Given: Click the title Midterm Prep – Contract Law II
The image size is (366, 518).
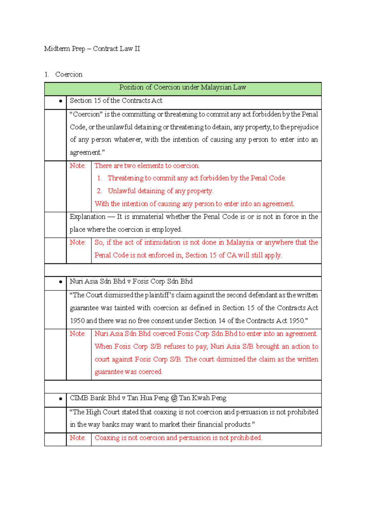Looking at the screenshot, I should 92,49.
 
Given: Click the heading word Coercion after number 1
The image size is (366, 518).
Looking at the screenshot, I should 69,75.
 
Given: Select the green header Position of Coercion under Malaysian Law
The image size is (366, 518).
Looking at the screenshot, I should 182,87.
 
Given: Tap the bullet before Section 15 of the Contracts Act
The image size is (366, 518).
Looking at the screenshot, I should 60,101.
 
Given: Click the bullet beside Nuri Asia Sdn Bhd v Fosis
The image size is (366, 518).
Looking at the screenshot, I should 60,282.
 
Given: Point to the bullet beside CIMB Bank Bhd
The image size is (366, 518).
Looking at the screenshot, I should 60,399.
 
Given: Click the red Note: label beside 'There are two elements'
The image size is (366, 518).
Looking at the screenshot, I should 77,166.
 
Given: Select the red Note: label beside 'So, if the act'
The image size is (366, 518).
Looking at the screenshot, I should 77,243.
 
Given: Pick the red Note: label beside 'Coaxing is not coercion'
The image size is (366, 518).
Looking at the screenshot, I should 77,438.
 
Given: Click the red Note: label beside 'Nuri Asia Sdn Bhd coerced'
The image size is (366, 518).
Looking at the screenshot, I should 77,334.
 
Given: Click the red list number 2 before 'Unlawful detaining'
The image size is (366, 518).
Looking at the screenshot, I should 99,191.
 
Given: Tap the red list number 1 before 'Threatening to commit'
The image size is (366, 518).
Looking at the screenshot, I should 99,178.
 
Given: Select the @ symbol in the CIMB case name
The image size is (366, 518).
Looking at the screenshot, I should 174,398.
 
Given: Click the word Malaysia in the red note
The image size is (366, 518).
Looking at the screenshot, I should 240,243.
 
